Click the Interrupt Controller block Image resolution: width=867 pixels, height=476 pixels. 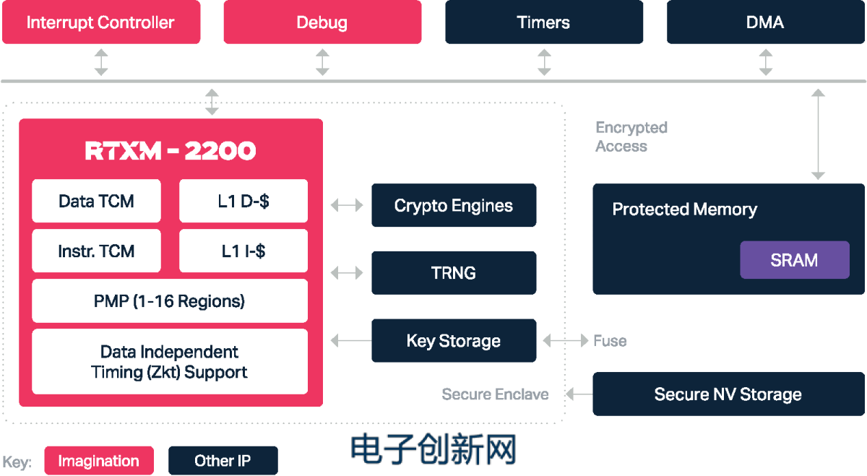(x=100, y=22)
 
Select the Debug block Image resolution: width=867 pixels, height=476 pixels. (x=322, y=22)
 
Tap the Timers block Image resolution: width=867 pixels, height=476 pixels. (x=543, y=22)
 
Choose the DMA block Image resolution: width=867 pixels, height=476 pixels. (x=765, y=22)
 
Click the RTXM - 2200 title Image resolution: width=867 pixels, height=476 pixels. (x=171, y=151)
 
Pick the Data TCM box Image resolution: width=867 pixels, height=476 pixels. (x=96, y=201)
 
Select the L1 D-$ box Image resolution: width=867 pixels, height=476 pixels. (x=243, y=201)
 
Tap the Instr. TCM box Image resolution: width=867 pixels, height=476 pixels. (x=96, y=251)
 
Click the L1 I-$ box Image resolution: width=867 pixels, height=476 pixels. (x=243, y=251)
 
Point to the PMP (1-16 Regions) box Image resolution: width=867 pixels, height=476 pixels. (x=170, y=300)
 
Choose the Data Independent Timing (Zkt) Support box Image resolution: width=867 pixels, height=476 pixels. (x=170, y=362)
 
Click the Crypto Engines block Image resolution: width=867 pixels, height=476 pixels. (x=454, y=206)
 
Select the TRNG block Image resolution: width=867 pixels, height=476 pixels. (x=454, y=273)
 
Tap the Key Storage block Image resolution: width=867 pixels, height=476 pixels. (x=454, y=341)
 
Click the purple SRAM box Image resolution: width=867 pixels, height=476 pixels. (x=794, y=260)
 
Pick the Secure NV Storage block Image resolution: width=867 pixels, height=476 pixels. (x=728, y=394)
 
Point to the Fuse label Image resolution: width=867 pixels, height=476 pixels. (x=610, y=341)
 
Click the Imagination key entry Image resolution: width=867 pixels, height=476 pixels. (x=99, y=461)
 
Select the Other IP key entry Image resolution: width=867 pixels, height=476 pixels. (x=223, y=461)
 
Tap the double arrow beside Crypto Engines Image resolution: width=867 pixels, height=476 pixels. (x=347, y=206)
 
